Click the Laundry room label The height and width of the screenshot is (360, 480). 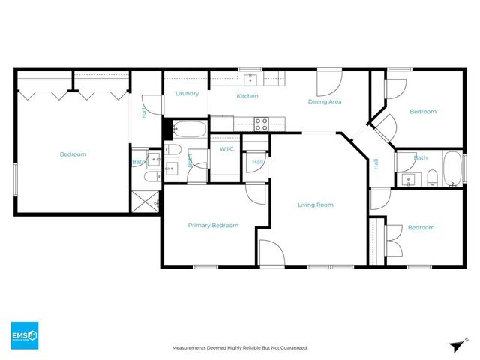pyautogui.click(x=187, y=94)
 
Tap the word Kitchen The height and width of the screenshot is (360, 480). pyautogui.click(x=247, y=96)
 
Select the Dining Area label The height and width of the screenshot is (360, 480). pyautogui.click(x=325, y=101)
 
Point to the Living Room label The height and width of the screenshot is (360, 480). pyautogui.click(x=315, y=205)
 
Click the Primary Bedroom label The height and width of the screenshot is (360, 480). pyautogui.click(x=213, y=226)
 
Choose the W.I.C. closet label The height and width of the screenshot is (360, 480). pyautogui.click(x=228, y=149)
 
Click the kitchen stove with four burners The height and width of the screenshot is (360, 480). pyautogui.click(x=262, y=124)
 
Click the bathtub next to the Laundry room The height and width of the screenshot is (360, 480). pyautogui.click(x=185, y=130)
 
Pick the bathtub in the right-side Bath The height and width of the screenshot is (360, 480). pyautogui.click(x=453, y=169)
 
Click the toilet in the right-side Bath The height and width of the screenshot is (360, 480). pyautogui.click(x=433, y=178)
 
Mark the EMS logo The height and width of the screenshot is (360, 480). pyautogui.click(x=24, y=333)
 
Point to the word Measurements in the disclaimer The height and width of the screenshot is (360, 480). pyautogui.click(x=191, y=348)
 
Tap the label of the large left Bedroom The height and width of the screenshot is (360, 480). pyautogui.click(x=73, y=154)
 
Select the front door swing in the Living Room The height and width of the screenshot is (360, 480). pyautogui.click(x=270, y=253)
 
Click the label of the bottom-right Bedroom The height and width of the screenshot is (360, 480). pyautogui.click(x=421, y=228)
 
